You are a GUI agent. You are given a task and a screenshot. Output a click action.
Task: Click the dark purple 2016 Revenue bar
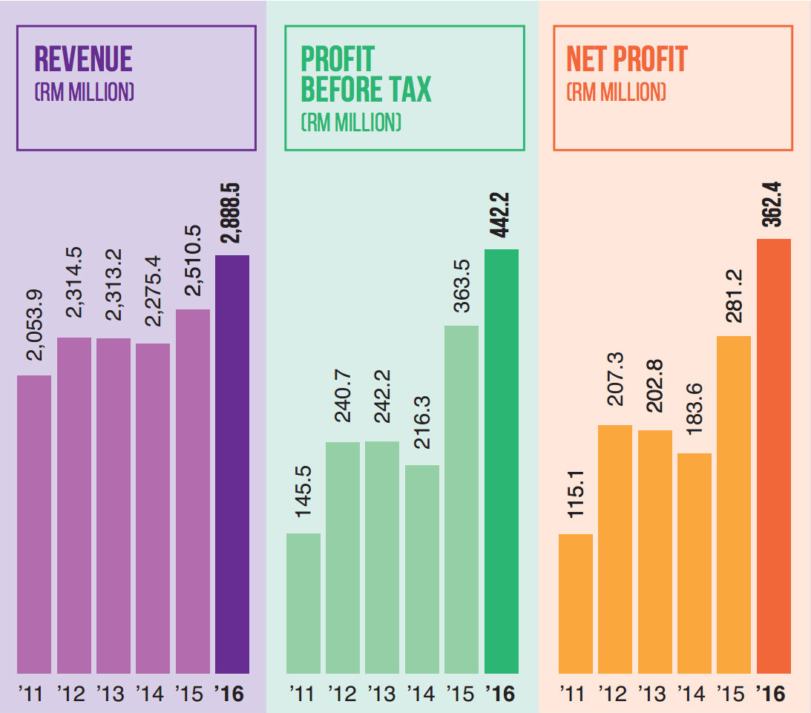tap(232, 464)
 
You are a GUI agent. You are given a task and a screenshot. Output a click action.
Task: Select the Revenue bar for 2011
tap(34, 524)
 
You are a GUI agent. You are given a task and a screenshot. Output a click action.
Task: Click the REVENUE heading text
tap(84, 59)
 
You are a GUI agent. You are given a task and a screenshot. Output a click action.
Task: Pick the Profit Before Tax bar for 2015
tap(462, 499)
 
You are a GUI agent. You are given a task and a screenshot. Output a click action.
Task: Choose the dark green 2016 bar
tap(502, 461)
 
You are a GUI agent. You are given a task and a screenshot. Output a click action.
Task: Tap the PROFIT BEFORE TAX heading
tap(365, 74)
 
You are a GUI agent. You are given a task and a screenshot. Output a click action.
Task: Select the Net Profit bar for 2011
tap(576, 603)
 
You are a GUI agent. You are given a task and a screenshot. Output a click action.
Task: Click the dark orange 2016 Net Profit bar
tap(774, 456)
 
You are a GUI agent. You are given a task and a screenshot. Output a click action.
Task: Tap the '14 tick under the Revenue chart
tap(150, 694)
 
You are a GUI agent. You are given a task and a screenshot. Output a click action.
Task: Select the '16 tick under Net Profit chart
tap(771, 694)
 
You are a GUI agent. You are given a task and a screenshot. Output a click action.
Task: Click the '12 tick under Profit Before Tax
tap(343, 694)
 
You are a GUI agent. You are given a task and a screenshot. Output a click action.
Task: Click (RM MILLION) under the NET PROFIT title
tap(616, 93)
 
